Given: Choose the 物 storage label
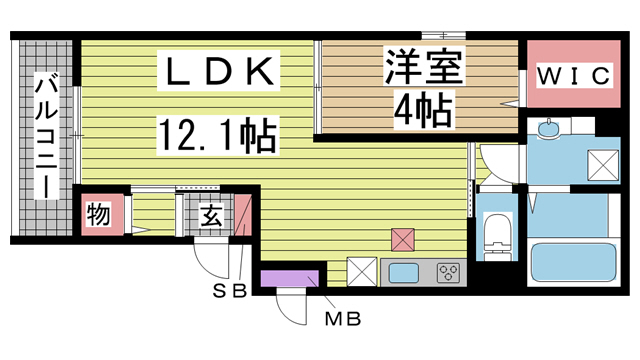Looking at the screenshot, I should [x=99, y=214].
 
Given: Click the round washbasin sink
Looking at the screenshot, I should [x=548, y=128].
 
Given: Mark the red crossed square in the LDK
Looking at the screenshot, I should [x=403, y=239].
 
